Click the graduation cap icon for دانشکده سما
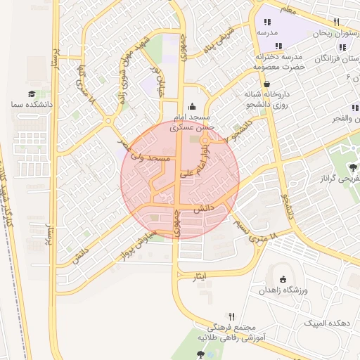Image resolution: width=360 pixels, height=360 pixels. tap(32, 94)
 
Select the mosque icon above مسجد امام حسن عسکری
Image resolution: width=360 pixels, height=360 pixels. tap(193, 105)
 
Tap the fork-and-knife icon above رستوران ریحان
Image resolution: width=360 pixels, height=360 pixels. tap(337, 22)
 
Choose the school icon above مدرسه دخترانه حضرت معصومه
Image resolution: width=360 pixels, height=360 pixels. tap(280, 46)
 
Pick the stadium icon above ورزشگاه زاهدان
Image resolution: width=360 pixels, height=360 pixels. tap(283, 278)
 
